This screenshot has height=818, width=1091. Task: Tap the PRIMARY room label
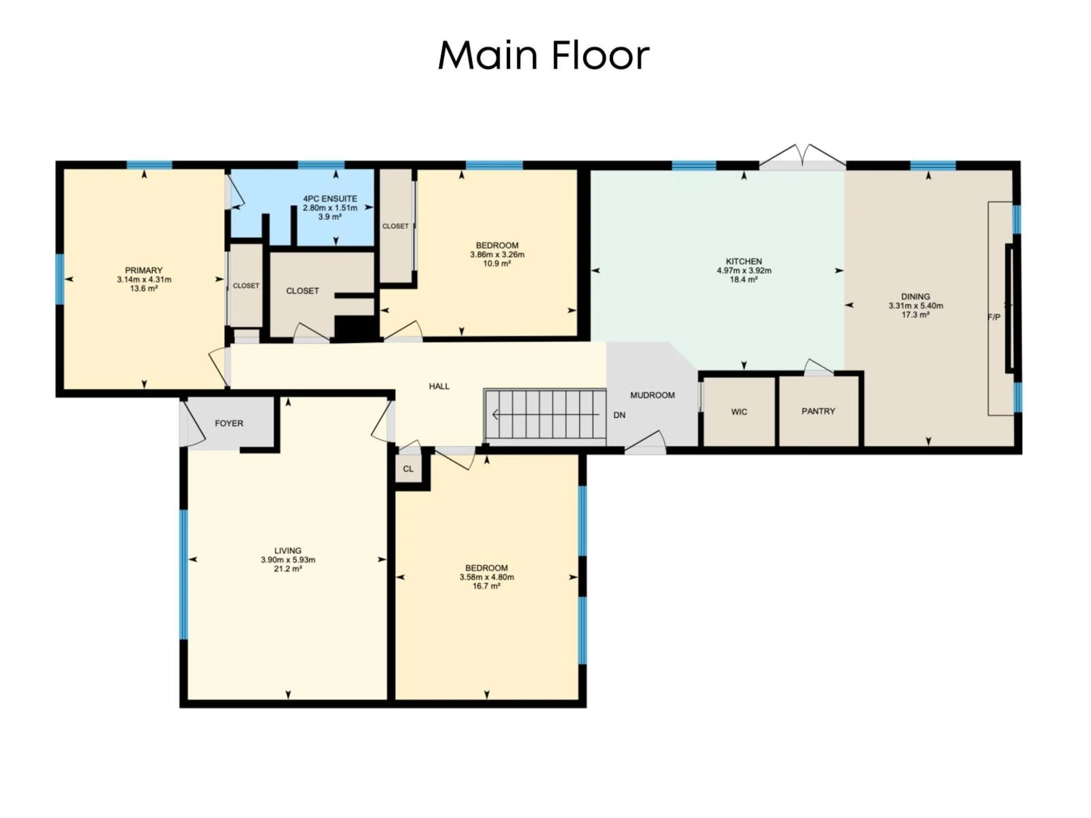point(143,270)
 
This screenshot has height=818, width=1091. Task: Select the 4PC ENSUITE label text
point(330,199)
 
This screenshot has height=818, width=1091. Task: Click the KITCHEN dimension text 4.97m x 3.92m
point(744,270)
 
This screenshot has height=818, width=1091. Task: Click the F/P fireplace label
point(994,317)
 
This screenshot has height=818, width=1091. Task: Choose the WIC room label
point(739,412)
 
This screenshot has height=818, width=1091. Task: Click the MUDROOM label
point(652,395)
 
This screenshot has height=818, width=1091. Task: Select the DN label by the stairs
point(619,415)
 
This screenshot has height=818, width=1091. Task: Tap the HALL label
point(439,386)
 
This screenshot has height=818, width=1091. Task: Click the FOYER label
point(229,423)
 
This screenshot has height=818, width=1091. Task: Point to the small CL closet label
point(408,469)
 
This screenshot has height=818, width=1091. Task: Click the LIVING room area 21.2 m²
point(288,569)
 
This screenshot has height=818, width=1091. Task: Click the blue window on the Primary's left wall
point(60,279)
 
